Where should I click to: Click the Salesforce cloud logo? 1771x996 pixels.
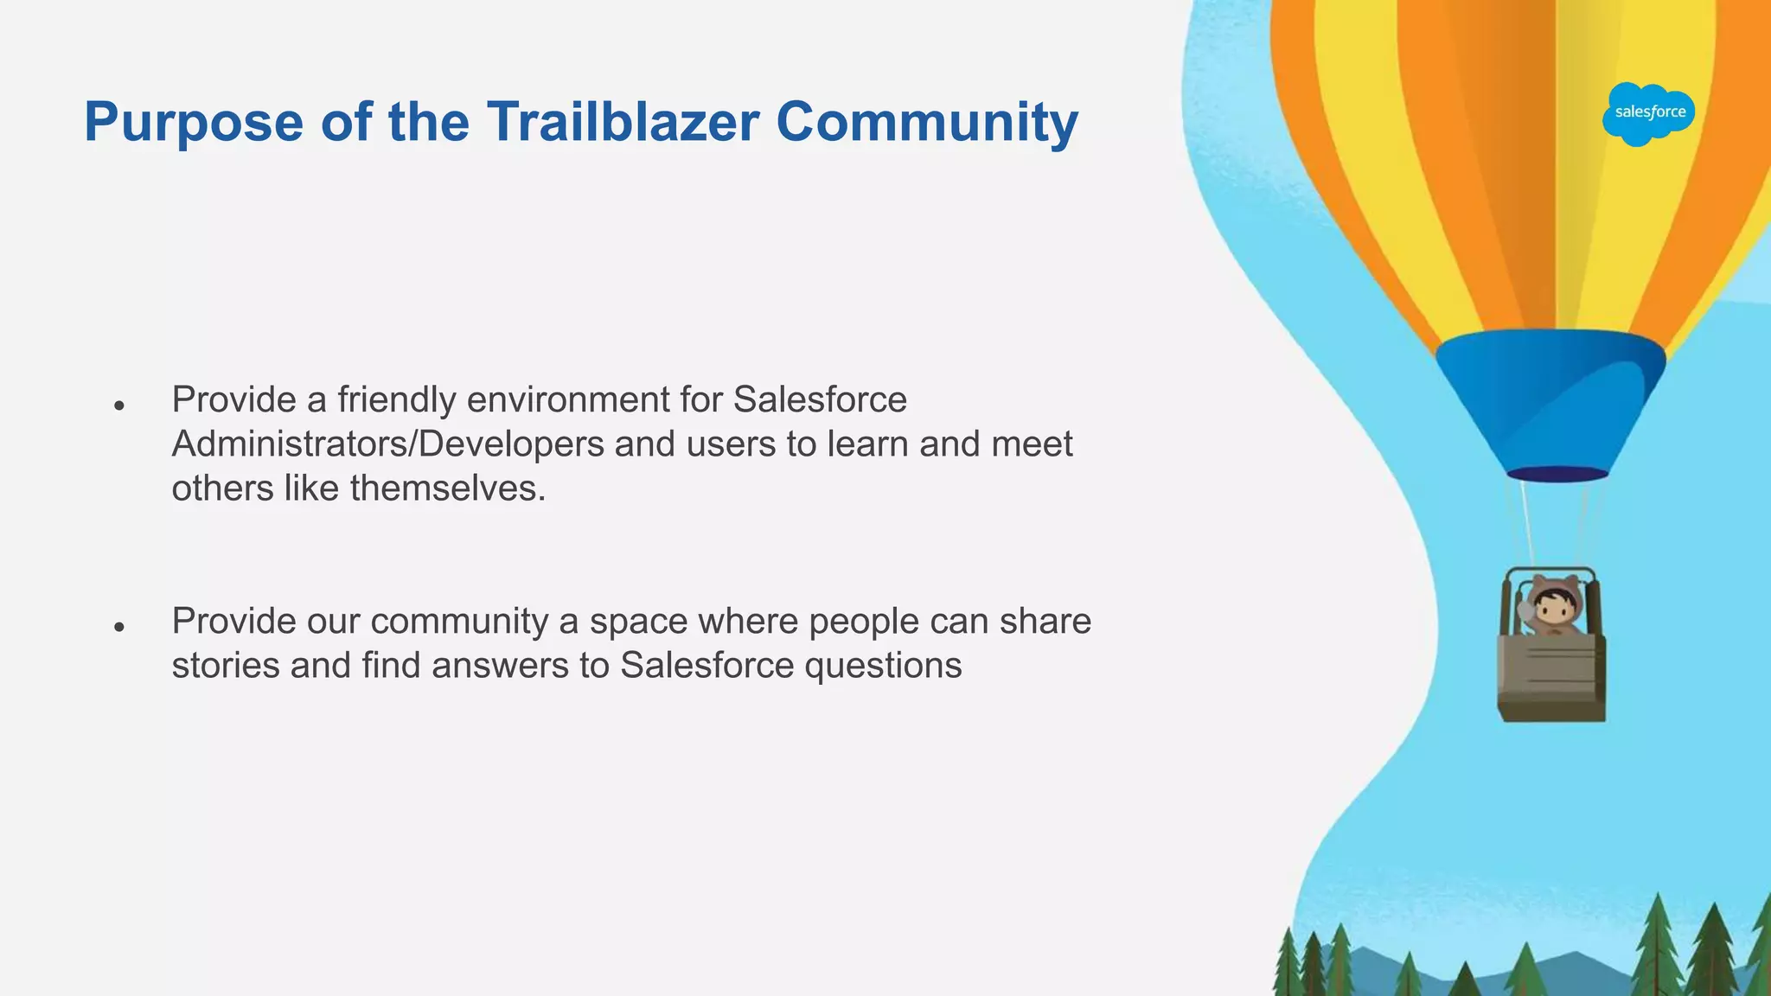pyautogui.click(x=1649, y=113)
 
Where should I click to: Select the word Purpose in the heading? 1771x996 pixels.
pyautogui.click(x=194, y=123)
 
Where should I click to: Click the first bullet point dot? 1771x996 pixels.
pyautogui.click(x=120, y=405)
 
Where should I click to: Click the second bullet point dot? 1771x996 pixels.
pyautogui.click(x=120, y=626)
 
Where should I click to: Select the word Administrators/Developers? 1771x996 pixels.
pyautogui.click(x=387, y=444)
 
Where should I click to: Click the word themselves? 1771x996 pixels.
pyautogui.click(x=447, y=488)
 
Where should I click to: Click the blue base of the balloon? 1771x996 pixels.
pyautogui.click(x=1551, y=398)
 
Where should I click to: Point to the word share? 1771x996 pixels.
pyautogui.click(x=1045, y=621)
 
